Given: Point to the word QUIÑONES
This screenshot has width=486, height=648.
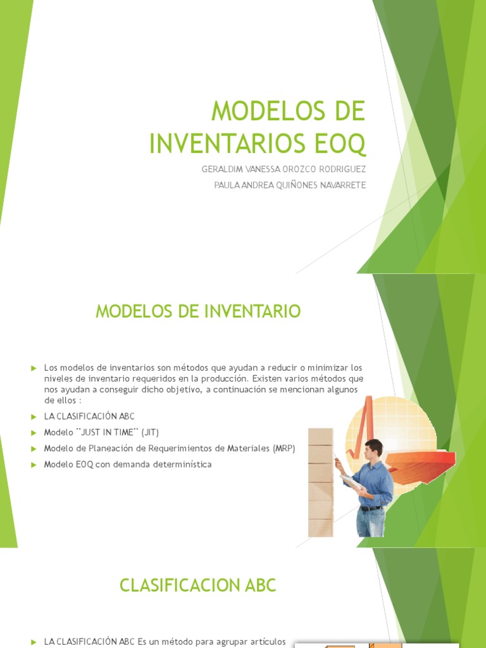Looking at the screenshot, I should pyautogui.click(x=288, y=185).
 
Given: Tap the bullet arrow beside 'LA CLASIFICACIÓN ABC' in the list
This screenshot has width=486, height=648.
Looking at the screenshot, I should pyautogui.click(x=34, y=416).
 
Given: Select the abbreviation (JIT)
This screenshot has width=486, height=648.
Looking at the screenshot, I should pyautogui.click(x=152, y=432).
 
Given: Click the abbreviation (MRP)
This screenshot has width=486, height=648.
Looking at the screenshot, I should pyautogui.click(x=284, y=449).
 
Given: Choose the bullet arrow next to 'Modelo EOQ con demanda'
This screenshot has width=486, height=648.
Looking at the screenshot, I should pyautogui.click(x=34, y=464).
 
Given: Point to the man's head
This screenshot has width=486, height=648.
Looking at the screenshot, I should pyautogui.click(x=373, y=449).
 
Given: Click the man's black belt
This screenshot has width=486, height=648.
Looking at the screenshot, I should pyautogui.click(x=370, y=508).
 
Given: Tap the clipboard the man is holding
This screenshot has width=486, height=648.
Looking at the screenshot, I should pyautogui.click(x=352, y=484).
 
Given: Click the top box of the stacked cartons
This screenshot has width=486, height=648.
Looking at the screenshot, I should pyautogui.click(x=320, y=436).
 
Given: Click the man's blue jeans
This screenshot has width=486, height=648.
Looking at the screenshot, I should pyautogui.click(x=370, y=523).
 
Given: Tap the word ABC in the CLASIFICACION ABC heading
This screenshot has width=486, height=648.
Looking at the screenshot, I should pyautogui.click(x=258, y=585).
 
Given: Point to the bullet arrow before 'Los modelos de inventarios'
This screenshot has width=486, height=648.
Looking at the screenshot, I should pyautogui.click(x=34, y=368).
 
